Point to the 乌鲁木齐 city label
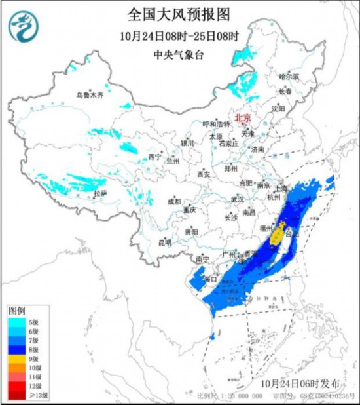(x=90, y=95)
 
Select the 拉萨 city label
(x=99, y=193)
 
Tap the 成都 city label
(x=173, y=202)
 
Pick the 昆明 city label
(x=164, y=242)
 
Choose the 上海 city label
(x=282, y=188)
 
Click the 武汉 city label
(x=237, y=199)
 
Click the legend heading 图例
(x=17, y=309)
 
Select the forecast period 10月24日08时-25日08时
(x=180, y=35)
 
